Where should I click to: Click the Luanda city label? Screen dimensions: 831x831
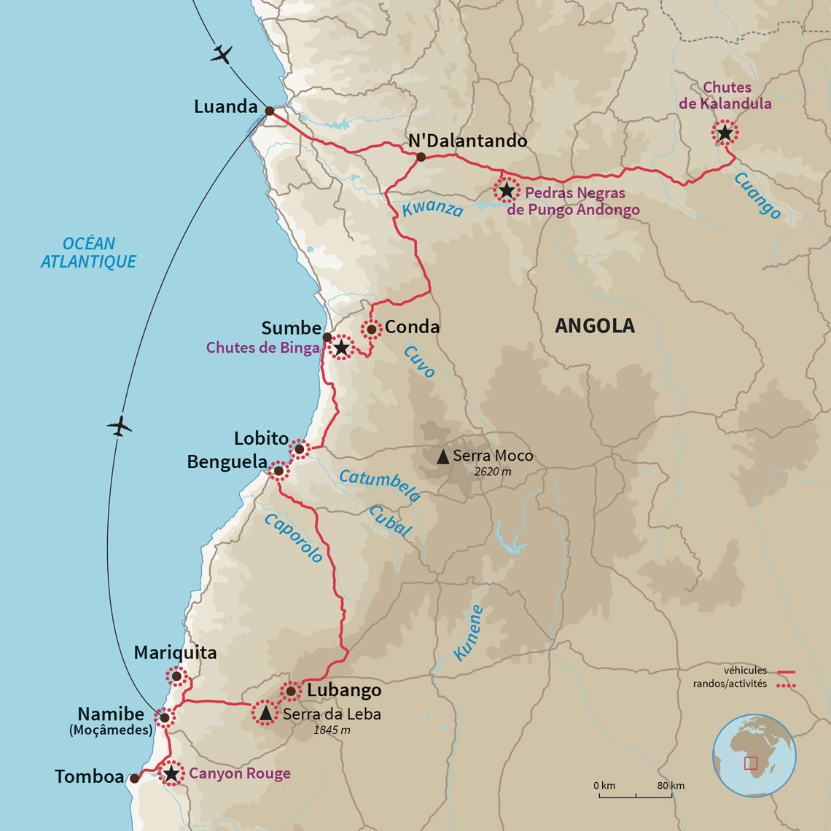226,107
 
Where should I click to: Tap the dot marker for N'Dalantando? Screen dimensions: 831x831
421,157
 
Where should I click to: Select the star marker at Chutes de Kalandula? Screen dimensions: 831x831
725,133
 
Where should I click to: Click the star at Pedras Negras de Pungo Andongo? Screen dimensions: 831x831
506,190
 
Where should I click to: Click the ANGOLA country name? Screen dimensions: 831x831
595,326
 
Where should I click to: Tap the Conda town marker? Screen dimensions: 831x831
371,329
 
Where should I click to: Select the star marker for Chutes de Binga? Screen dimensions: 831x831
341,348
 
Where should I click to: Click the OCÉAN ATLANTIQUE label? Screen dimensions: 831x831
88,253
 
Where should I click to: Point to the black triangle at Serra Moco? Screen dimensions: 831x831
442,457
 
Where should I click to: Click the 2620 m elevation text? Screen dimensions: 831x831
492,472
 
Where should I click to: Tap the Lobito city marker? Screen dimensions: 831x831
299,449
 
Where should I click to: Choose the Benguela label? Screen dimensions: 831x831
227,462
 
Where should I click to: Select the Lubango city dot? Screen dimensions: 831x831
291,690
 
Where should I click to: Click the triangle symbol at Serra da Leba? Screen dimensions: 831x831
265,713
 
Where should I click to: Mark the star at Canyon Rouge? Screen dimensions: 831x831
171,773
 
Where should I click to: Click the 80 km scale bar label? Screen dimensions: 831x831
671,786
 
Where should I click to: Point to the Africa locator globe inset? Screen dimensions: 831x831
754,756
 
